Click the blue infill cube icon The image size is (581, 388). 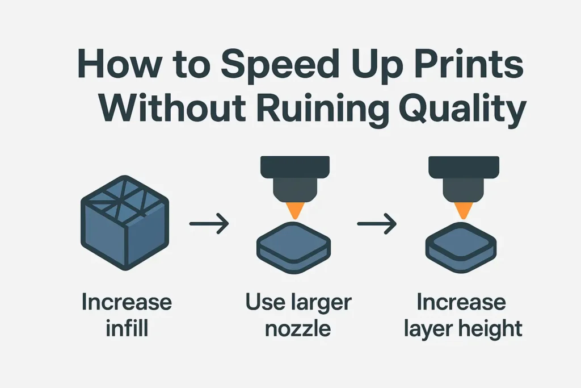(125, 225)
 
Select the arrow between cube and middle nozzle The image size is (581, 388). (208, 223)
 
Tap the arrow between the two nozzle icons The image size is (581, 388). (376, 223)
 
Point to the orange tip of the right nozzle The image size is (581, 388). (461, 211)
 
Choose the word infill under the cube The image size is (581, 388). (126, 328)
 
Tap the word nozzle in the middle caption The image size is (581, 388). (298, 328)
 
